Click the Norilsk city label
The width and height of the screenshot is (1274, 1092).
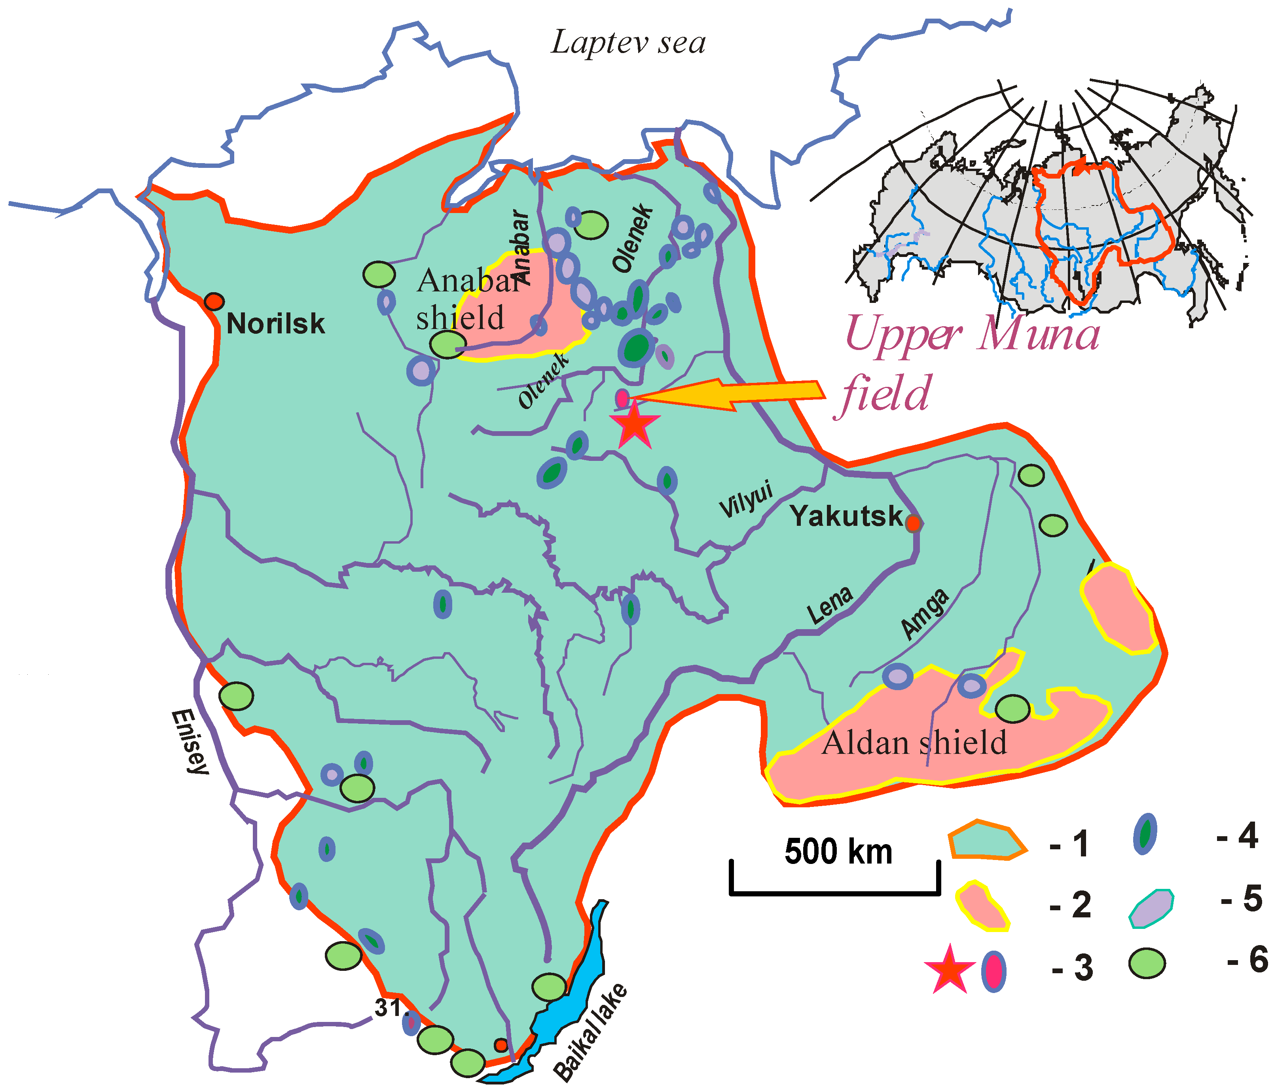point(275,323)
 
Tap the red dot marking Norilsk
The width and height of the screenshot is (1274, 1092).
point(214,301)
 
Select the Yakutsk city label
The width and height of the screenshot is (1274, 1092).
point(846,516)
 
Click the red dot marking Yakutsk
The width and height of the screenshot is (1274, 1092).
point(914,523)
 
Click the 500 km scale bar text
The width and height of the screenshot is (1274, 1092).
point(838,852)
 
